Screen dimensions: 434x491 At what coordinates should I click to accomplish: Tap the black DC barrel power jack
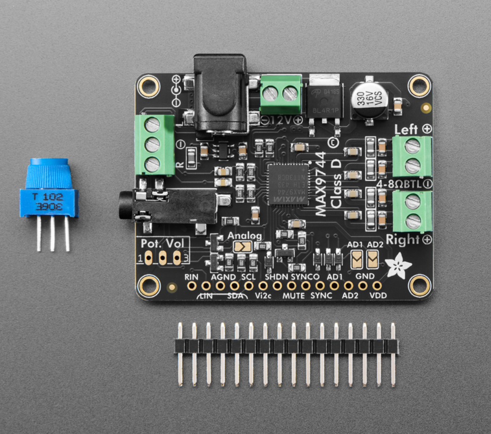220,94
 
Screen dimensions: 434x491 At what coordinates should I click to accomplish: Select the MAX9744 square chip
289,183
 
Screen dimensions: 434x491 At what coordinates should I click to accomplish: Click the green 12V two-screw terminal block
281,94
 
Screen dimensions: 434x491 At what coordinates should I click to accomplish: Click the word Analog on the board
244,236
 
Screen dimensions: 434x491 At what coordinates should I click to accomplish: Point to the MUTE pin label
293,296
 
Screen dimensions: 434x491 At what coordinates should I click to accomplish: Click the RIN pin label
191,277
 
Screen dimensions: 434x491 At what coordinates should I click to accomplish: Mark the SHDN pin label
276,277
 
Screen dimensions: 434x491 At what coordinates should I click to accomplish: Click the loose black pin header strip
286,346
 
